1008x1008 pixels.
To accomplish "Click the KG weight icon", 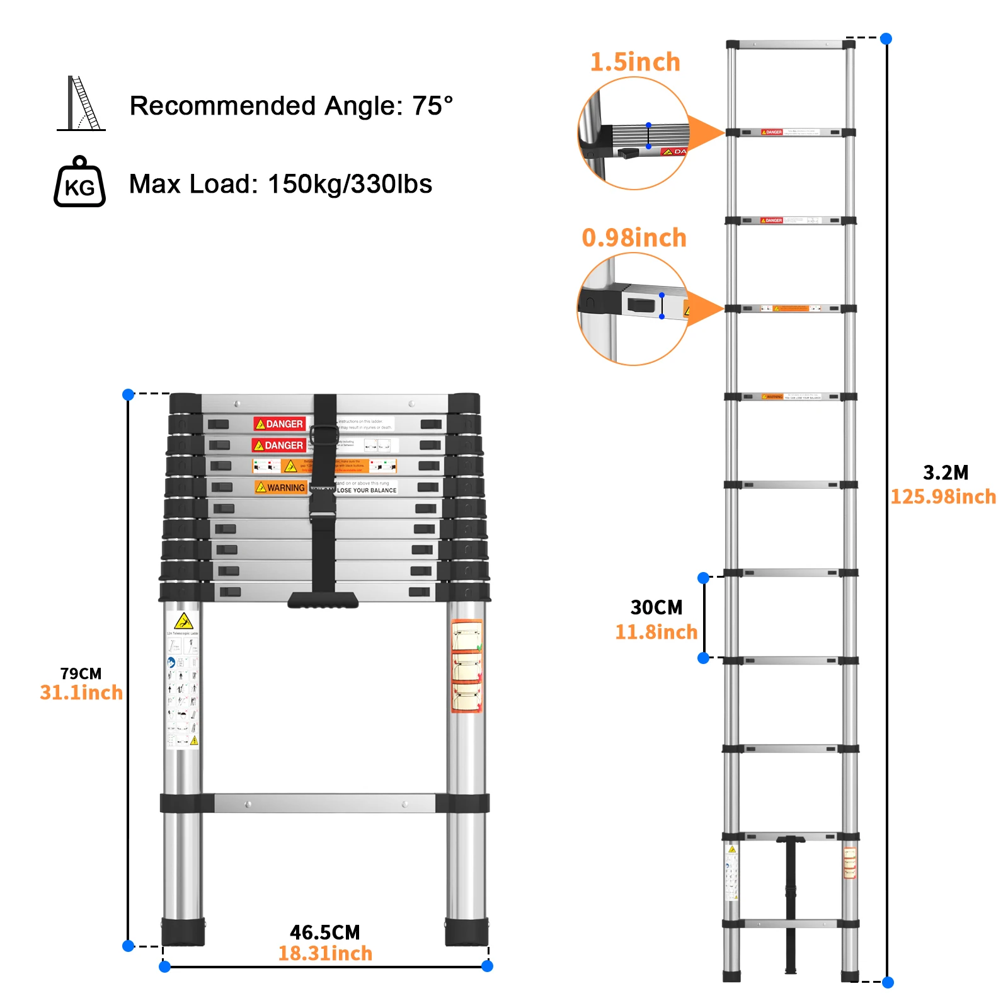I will [x=79, y=183].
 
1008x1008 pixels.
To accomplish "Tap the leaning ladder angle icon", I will [x=82, y=104].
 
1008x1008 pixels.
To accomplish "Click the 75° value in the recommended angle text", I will [x=432, y=106].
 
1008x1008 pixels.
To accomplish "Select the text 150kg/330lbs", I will [x=350, y=184].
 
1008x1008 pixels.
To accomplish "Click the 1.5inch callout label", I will [x=635, y=62].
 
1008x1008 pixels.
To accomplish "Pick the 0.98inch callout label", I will [x=634, y=238].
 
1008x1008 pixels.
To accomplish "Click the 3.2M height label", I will [x=945, y=472].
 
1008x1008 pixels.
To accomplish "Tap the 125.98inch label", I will [x=942, y=497].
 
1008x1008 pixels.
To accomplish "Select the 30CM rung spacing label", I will [x=656, y=607].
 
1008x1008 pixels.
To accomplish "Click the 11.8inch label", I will [x=656, y=632].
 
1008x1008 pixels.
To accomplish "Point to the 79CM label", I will [x=81, y=673].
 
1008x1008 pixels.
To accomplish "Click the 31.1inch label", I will [x=81, y=693].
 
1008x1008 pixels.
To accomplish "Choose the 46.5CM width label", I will [x=324, y=932].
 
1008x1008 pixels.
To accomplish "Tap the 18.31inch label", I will [x=325, y=954].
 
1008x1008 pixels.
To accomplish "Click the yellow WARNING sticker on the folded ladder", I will [x=281, y=488].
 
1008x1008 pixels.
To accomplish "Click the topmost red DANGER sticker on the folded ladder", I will [x=280, y=424].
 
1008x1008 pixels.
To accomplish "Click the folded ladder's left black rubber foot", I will [x=183, y=932].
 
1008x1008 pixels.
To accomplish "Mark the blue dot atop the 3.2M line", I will [x=886, y=38].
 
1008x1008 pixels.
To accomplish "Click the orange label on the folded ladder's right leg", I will [x=467, y=667].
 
